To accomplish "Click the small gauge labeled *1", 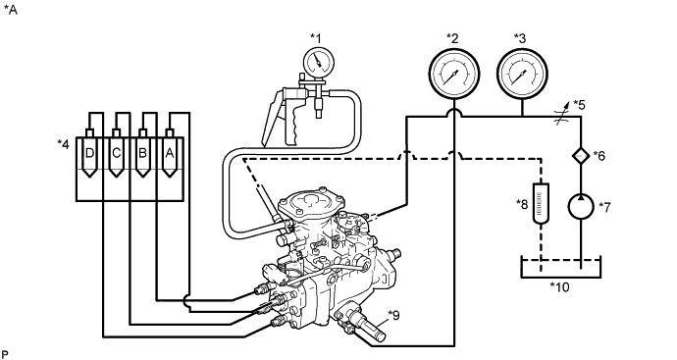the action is [x=319, y=63].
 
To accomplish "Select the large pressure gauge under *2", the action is [x=453, y=74].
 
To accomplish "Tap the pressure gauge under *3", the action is [x=522, y=74].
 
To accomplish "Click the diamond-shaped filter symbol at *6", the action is [x=581, y=155].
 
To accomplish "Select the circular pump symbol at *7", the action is [x=581, y=207].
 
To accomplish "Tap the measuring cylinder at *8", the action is [x=541, y=203].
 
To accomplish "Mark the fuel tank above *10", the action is [x=561, y=268].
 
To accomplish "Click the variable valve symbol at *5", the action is [x=562, y=117].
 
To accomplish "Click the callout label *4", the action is [x=63, y=144].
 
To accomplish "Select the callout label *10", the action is [x=560, y=286].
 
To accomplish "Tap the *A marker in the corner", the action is [x=11, y=10].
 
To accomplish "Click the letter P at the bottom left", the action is [x=5, y=355].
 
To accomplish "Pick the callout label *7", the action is [x=604, y=207].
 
